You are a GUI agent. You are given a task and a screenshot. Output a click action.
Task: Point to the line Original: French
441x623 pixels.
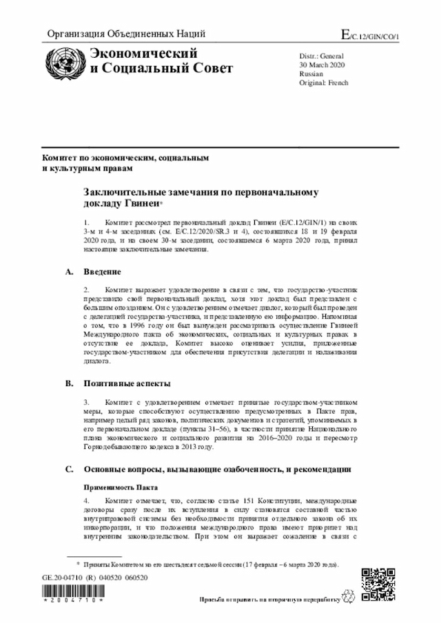324,83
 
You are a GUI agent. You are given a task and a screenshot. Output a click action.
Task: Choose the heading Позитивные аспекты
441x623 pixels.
127,383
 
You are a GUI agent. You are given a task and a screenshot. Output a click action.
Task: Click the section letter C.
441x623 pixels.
69,469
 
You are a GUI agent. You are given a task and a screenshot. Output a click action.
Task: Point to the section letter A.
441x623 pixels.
69,272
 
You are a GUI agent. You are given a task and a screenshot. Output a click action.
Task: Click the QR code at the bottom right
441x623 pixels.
378,584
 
